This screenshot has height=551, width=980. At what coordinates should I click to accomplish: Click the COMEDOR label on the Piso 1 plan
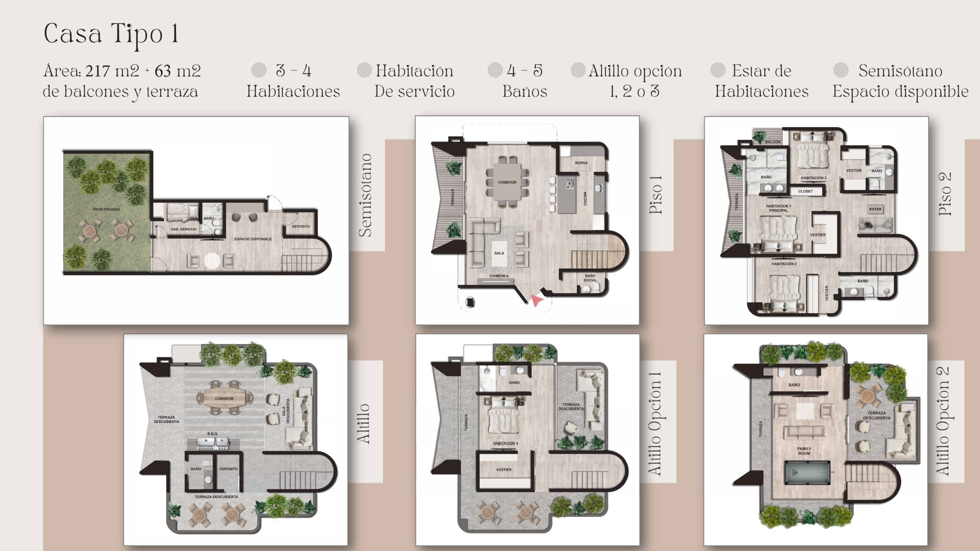click(x=507, y=182)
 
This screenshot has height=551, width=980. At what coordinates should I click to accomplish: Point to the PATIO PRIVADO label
click(x=106, y=209)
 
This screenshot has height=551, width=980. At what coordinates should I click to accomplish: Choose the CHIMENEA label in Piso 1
click(x=499, y=276)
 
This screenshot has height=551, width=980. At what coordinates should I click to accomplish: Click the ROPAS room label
click(x=581, y=163)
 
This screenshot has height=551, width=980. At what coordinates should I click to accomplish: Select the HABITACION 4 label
click(x=505, y=443)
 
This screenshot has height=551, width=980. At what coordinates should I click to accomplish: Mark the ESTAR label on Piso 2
click(x=875, y=209)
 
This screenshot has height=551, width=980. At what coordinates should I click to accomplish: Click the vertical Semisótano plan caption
click(x=365, y=195)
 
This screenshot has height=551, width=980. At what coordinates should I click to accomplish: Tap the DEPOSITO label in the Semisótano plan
click(x=301, y=226)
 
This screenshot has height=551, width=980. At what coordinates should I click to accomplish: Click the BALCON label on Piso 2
click(x=773, y=142)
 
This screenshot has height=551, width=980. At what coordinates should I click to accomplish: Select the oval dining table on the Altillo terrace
click(x=224, y=399)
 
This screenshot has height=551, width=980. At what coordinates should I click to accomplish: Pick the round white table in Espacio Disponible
click(x=212, y=261)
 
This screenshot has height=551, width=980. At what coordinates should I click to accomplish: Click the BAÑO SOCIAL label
click(x=590, y=278)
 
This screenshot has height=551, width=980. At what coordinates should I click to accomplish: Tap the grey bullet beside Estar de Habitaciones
click(x=718, y=70)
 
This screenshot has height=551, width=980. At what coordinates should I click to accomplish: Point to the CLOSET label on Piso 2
click(x=805, y=191)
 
